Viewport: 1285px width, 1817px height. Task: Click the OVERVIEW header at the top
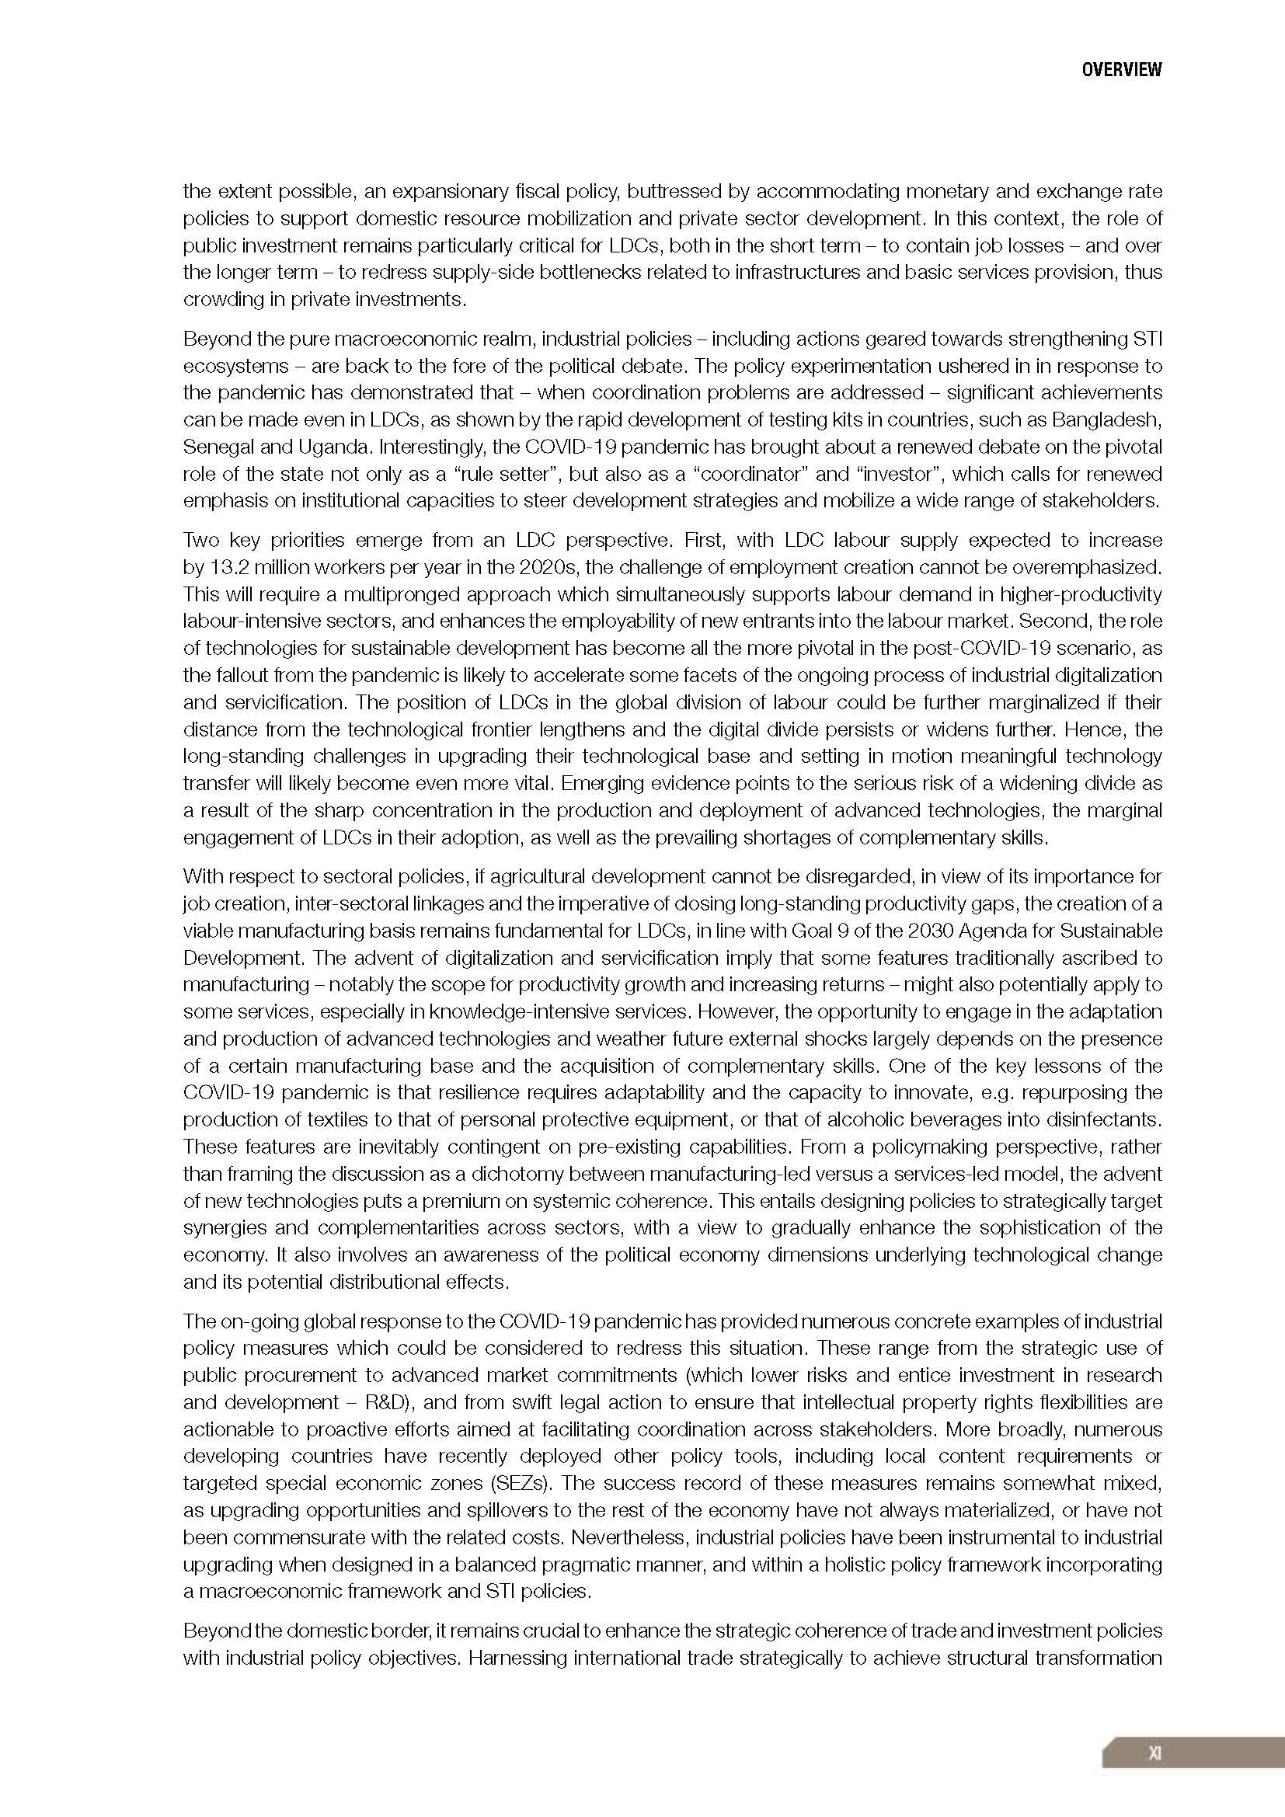coord(1121,70)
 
